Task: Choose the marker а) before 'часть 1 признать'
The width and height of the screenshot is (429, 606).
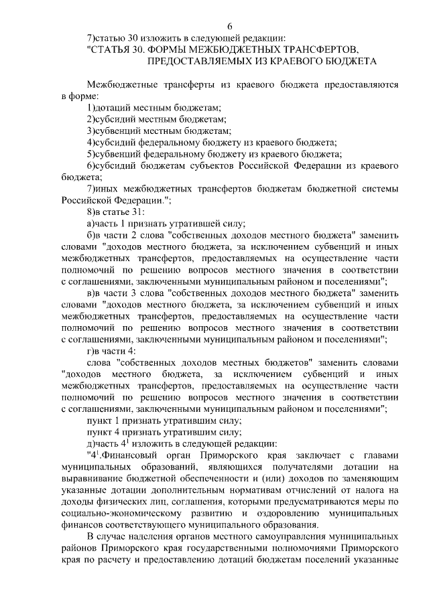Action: tap(91, 224)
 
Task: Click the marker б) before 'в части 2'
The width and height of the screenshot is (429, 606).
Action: tap(91, 235)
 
